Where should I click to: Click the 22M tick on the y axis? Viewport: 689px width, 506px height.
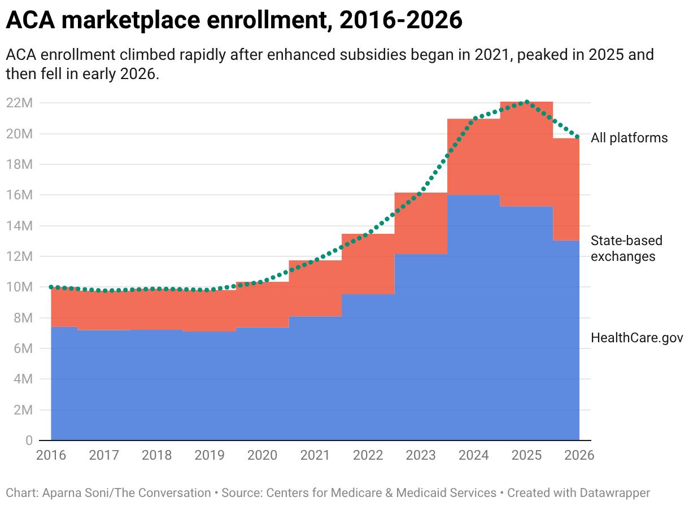pos(19,103)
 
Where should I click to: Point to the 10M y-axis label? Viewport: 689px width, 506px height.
pos(19,287)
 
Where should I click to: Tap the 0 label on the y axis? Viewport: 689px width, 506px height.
pos(29,440)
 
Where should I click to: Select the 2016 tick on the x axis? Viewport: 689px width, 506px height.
pos(51,455)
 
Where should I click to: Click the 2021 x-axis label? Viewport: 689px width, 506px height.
pos(315,455)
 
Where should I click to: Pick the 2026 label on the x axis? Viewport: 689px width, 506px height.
pos(579,455)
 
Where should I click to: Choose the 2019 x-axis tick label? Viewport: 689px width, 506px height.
pos(210,455)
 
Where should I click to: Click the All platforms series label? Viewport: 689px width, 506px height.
pos(629,138)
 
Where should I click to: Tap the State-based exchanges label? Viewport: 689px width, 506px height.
pos(626,248)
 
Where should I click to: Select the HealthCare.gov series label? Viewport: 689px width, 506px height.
pos(637,338)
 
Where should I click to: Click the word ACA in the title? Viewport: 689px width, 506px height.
pos(30,20)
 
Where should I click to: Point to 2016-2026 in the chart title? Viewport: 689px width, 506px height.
pos(401,20)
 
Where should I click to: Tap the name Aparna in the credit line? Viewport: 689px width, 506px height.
pos(61,493)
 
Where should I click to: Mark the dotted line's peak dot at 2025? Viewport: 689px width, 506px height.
pos(526,102)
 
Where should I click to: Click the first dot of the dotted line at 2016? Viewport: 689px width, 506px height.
pos(51,287)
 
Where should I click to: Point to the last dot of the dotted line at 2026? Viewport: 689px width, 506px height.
pos(577,137)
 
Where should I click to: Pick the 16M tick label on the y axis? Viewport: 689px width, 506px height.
pos(19,195)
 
